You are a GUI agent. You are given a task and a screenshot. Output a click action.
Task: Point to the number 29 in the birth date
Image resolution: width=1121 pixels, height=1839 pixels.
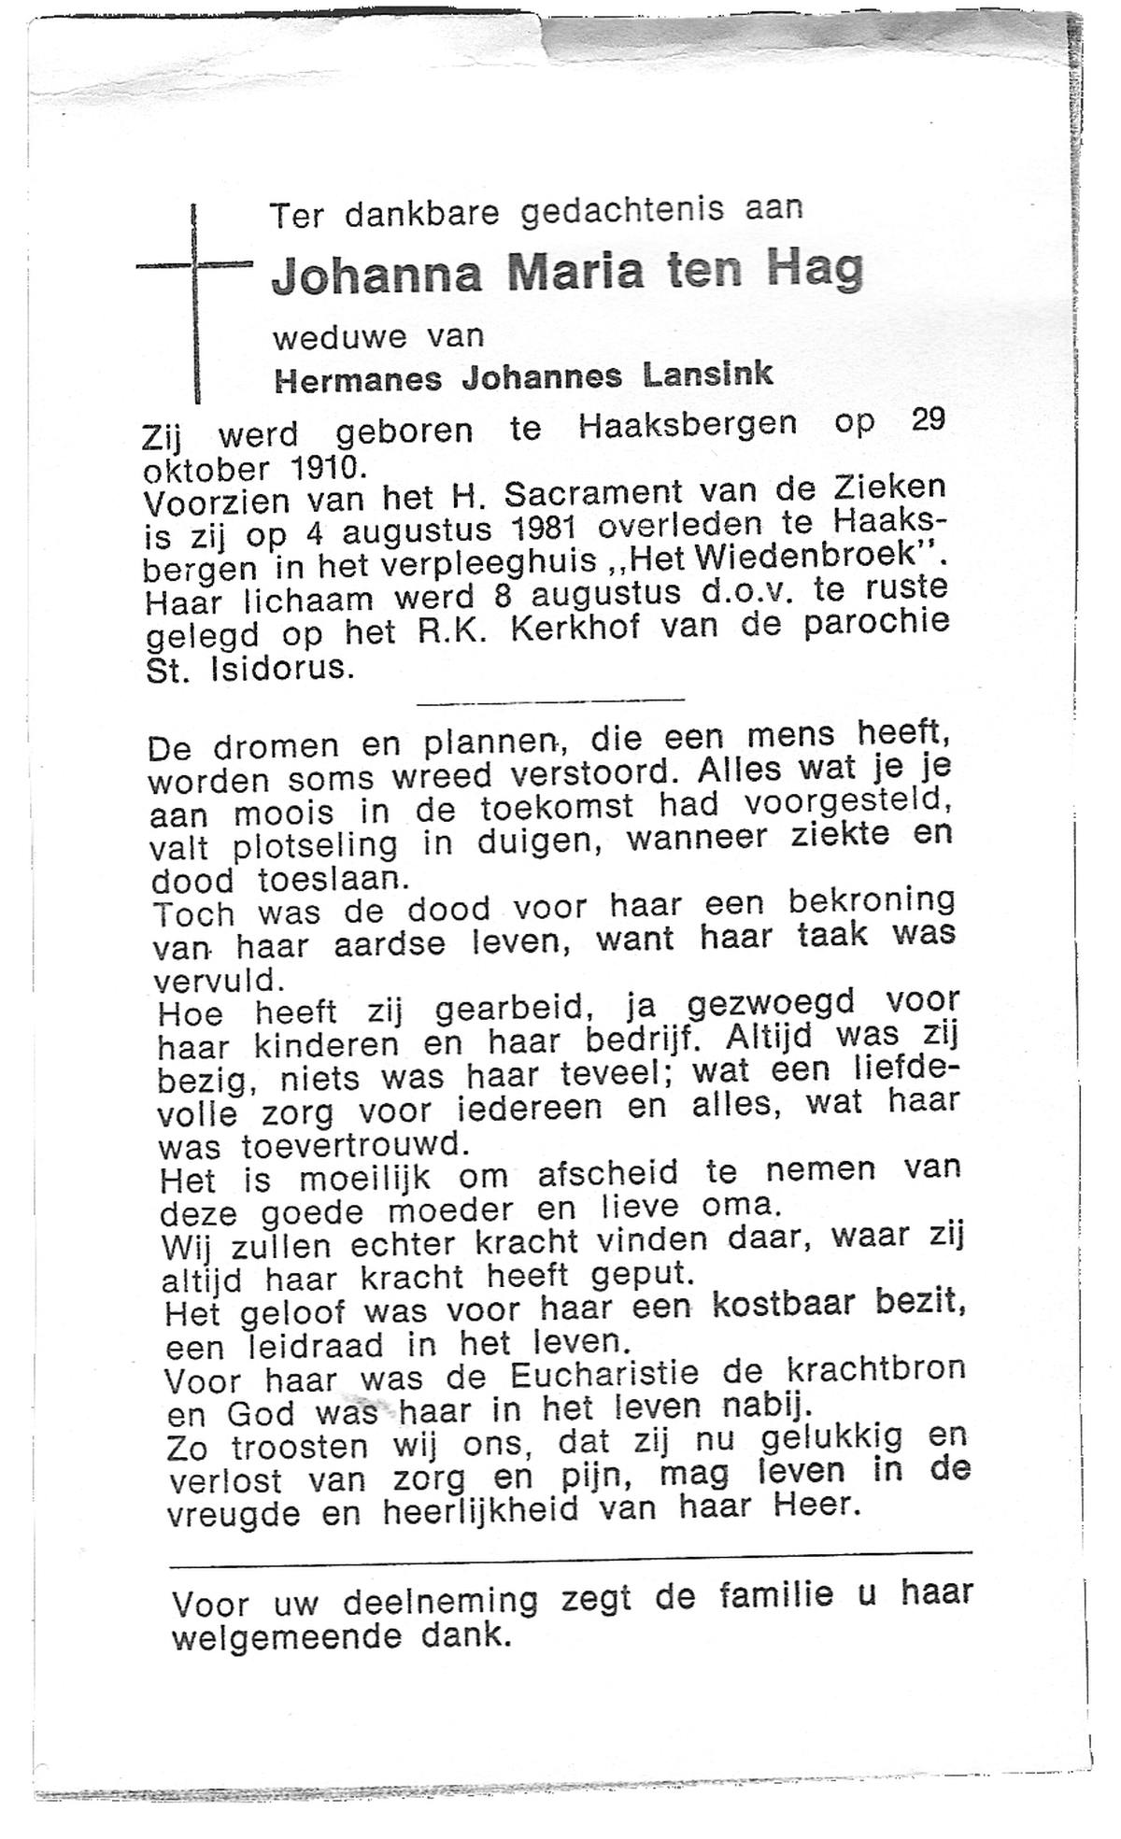928,420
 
